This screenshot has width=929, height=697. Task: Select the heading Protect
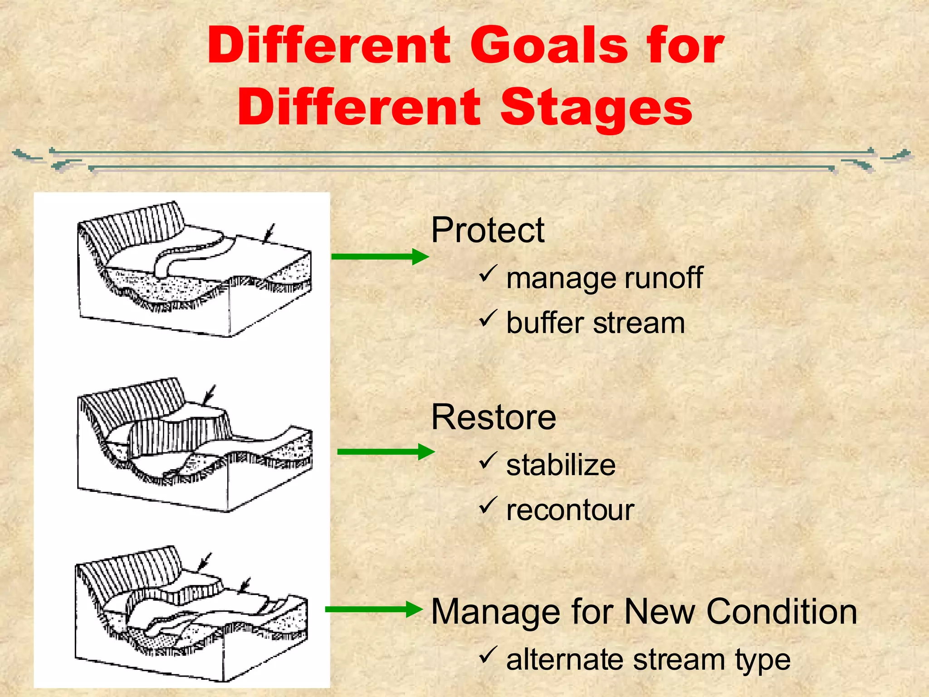click(488, 230)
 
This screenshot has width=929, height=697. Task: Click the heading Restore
click(494, 417)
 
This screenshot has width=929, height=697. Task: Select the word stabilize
click(561, 465)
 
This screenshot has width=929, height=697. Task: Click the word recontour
click(570, 510)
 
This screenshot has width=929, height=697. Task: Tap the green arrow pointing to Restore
click(386, 452)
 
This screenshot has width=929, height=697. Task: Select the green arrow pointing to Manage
click(373, 609)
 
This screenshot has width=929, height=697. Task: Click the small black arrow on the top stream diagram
click(269, 233)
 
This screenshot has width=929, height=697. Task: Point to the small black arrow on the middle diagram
click(209, 395)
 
